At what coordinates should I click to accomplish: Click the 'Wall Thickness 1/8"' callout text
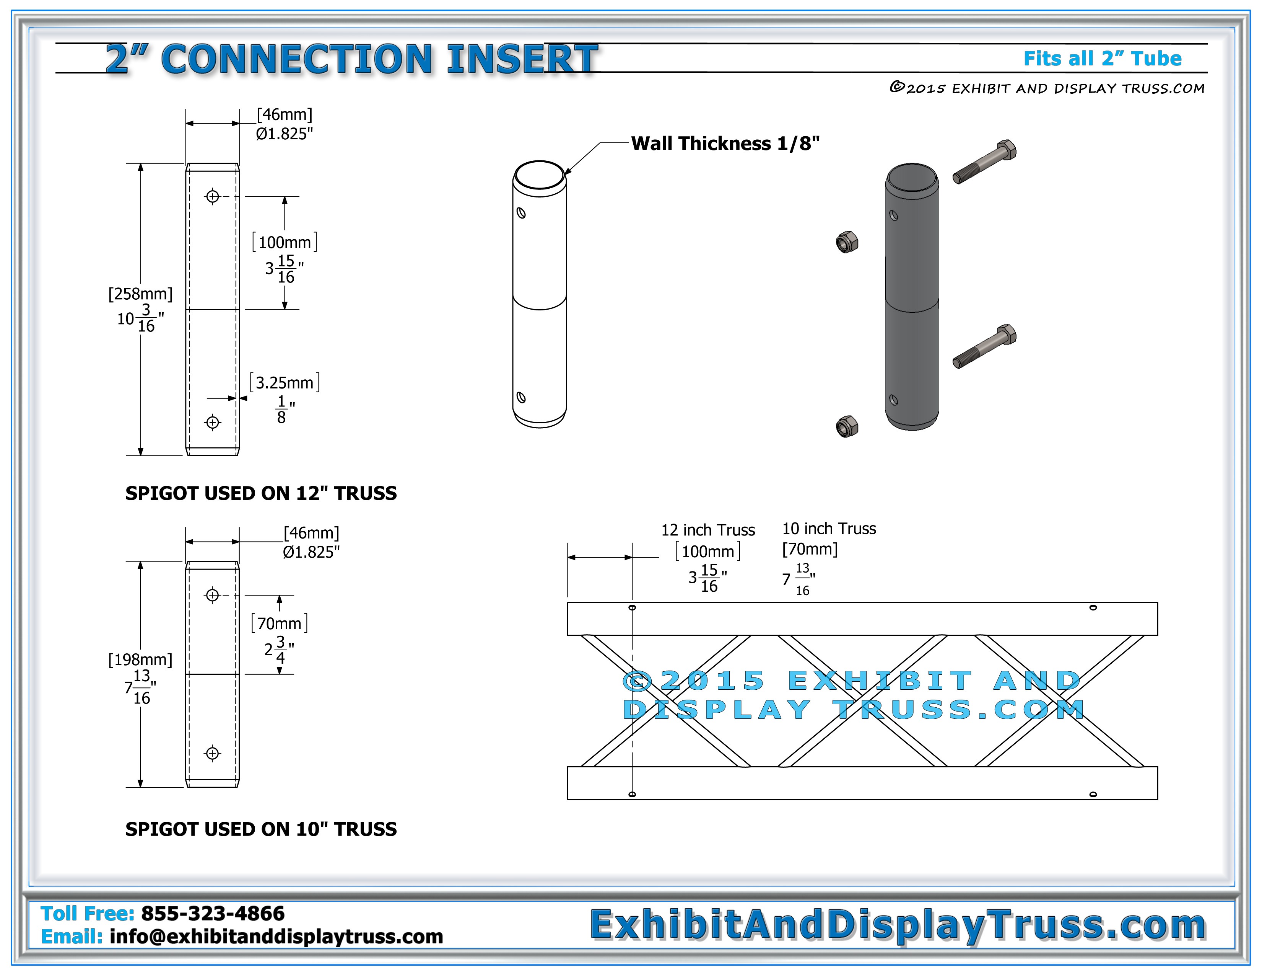point(725,144)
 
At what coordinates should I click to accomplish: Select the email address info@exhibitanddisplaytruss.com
point(276,937)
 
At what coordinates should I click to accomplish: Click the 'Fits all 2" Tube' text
point(1103,59)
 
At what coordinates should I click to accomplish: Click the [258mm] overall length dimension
point(140,294)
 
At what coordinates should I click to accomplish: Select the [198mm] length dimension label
point(140,660)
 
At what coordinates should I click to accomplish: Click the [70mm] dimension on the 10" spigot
point(280,623)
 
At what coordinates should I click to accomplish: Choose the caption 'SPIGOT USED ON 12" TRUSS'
point(261,493)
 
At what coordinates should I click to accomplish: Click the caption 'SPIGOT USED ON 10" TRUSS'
point(261,829)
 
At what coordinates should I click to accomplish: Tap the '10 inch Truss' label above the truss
point(829,529)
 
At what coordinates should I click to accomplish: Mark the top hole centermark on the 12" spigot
point(213,197)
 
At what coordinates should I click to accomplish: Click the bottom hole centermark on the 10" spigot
point(213,753)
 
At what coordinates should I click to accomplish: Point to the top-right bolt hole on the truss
point(1093,608)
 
